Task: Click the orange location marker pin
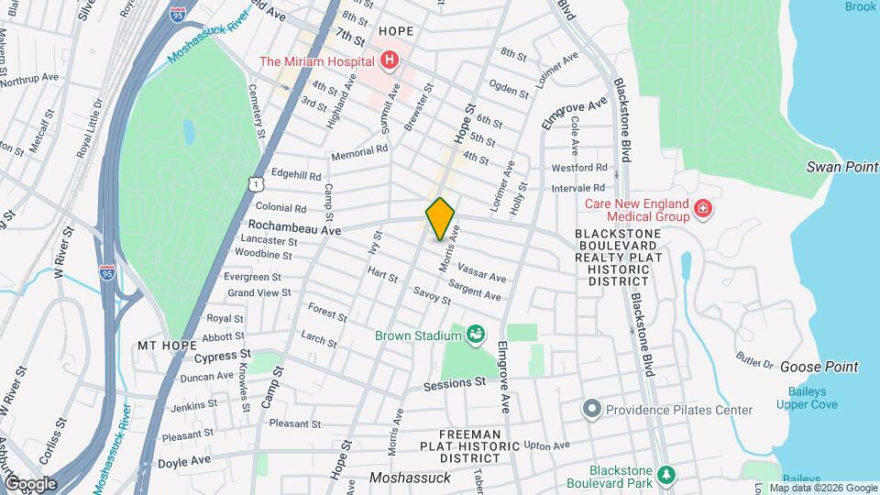(440, 218)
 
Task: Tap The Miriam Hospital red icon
(390, 61)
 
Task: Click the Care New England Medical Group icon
(703, 209)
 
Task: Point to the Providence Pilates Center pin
(592, 409)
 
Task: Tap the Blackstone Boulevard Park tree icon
(668, 474)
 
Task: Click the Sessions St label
(454, 385)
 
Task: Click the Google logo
(30, 483)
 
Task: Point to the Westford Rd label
(579, 168)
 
